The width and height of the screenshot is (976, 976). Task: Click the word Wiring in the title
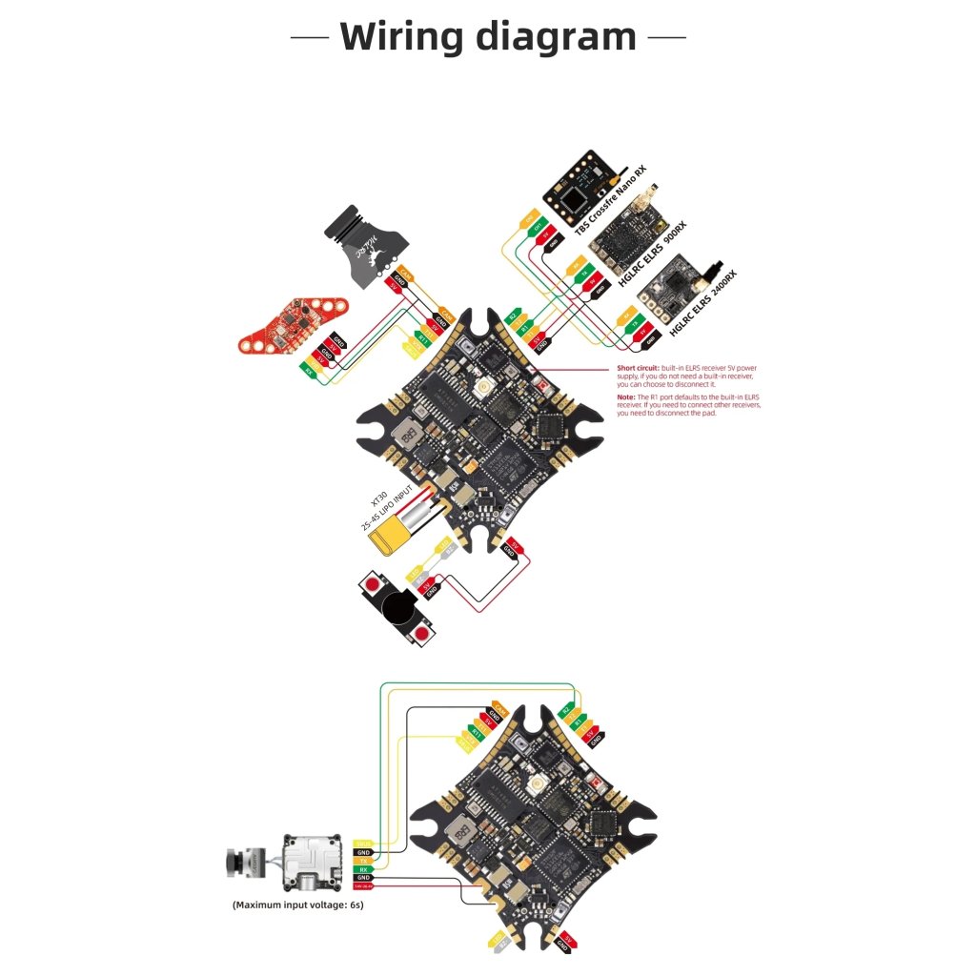click(x=401, y=36)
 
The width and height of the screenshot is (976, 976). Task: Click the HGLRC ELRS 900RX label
click(x=654, y=252)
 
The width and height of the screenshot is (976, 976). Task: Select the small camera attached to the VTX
click(x=246, y=863)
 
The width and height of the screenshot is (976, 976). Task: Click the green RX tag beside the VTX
click(x=363, y=869)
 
